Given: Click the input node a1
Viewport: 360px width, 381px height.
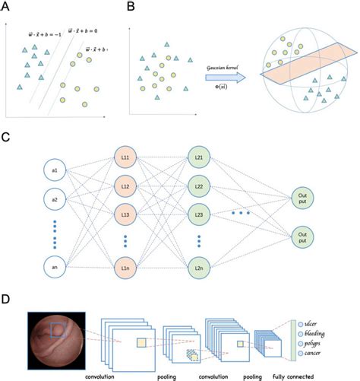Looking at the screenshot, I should click(54, 171).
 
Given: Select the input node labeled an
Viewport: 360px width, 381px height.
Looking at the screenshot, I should click(54, 267).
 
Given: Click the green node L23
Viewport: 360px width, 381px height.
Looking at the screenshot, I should click(199, 215).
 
